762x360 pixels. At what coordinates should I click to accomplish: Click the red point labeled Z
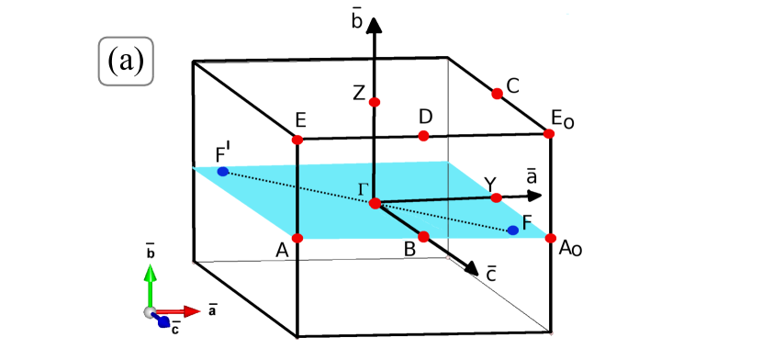(375, 101)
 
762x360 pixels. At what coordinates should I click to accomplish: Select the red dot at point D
(423, 136)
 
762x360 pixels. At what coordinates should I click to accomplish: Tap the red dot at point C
(497, 93)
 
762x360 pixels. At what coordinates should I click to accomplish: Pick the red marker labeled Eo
(549, 133)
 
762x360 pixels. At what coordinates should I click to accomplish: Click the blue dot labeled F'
(222, 172)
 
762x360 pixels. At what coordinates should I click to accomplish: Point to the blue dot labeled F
(512, 230)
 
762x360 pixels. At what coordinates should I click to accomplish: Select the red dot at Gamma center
(375, 203)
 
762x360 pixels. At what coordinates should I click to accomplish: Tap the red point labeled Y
(496, 197)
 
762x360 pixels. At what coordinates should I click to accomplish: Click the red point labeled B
(423, 236)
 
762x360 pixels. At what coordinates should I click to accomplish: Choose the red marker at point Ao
(549, 239)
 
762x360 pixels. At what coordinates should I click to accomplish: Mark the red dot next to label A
(297, 238)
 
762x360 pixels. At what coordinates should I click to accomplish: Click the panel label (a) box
(125, 62)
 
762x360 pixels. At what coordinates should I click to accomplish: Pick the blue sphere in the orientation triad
(163, 321)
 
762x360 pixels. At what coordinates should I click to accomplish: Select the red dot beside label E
(297, 140)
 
